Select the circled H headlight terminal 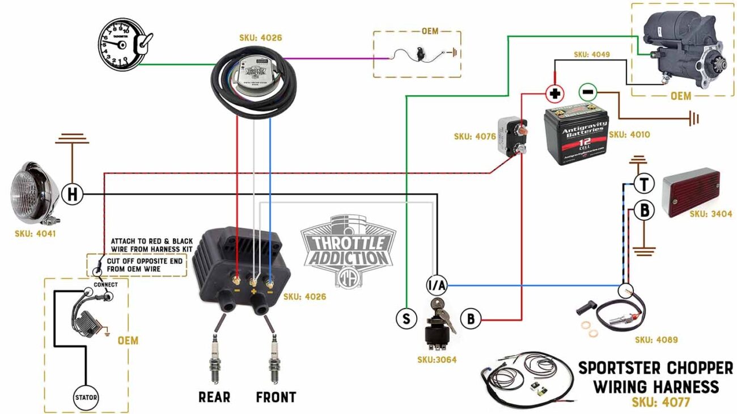click(x=72, y=195)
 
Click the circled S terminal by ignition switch click(x=406, y=318)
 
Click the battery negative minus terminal click(x=587, y=92)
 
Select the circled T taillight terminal click(x=644, y=184)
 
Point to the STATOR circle click(x=86, y=397)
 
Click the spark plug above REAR click(x=215, y=357)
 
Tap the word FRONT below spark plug click(x=276, y=397)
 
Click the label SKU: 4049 click(x=591, y=55)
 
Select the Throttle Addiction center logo click(x=348, y=247)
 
